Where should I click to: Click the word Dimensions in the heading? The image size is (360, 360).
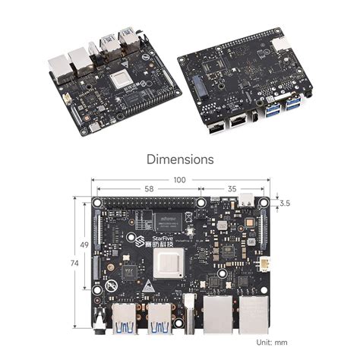[x=180, y=160]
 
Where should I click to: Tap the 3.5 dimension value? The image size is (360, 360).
[x=285, y=204]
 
